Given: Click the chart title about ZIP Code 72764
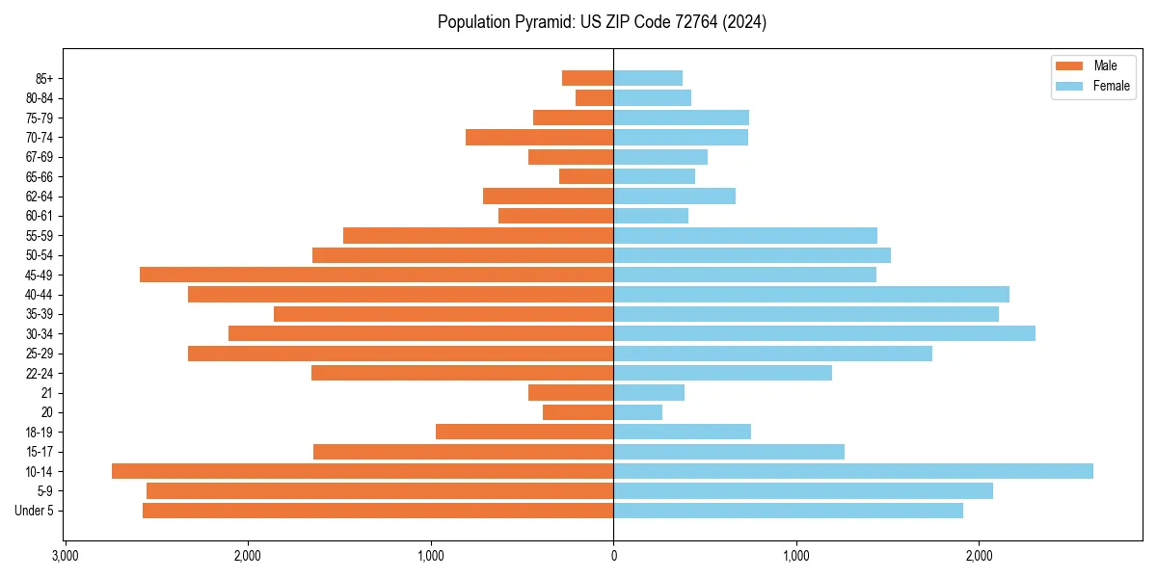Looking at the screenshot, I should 602,22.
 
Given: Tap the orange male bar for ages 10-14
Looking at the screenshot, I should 363,471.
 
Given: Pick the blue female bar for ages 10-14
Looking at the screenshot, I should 853,471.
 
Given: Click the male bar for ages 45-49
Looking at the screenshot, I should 376,275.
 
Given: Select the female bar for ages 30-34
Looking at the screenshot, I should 824,333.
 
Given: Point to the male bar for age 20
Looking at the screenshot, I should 578,412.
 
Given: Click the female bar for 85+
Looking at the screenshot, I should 648,78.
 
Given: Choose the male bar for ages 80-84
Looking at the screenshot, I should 595,97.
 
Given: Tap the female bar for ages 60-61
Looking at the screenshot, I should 651,216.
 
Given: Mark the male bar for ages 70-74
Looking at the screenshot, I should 540,137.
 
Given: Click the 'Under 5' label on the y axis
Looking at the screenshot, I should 35,511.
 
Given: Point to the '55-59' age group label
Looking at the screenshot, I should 40,235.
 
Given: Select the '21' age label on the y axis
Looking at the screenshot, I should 46,393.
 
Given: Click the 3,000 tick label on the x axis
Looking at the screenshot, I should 65,556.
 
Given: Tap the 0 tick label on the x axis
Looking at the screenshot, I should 613,556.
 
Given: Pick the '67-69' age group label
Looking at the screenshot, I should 40,157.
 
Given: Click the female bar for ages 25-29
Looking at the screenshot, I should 772,354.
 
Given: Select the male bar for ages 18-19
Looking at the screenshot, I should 525,432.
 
